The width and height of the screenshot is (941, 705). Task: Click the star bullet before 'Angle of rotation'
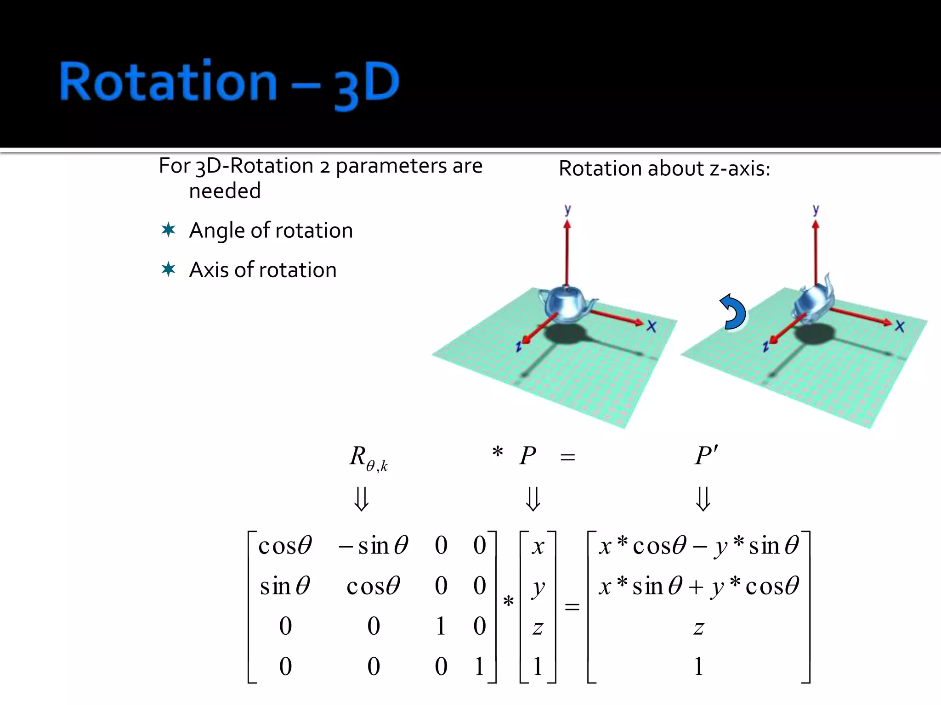[x=168, y=229]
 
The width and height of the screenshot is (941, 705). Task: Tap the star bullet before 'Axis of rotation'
[x=168, y=269]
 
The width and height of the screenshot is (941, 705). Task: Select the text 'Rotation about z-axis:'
[x=664, y=168]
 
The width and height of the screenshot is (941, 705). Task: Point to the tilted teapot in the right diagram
[x=813, y=301]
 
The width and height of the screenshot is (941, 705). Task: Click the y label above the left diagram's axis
[x=567, y=210]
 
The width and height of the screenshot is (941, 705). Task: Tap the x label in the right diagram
[x=899, y=326]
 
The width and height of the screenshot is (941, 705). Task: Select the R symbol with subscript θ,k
[x=368, y=458]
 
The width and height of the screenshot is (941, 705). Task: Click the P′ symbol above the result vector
[x=706, y=456]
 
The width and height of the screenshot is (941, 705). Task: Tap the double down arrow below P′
[x=703, y=499]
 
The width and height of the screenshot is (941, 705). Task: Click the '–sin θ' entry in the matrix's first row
[x=373, y=546]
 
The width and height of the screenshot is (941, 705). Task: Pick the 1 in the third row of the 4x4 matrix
[x=441, y=626]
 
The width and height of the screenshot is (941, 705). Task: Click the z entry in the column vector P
[x=538, y=627]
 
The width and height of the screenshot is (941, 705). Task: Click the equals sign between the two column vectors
[x=572, y=607]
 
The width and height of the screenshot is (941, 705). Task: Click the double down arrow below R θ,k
[x=361, y=499]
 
